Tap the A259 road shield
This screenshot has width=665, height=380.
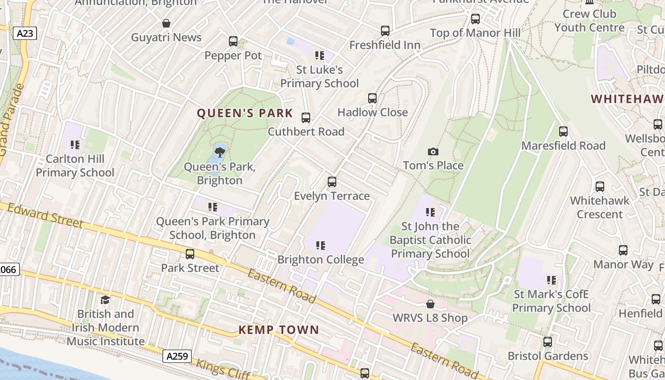click(x=177, y=356)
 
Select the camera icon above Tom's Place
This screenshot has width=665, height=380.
click(x=433, y=152)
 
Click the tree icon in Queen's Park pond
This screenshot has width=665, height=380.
click(x=219, y=152)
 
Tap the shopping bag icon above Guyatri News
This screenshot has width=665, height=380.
click(x=166, y=23)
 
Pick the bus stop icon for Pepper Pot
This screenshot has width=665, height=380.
click(x=233, y=41)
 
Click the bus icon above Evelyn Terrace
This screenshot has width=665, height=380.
click(x=332, y=182)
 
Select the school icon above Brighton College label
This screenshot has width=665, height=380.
click(x=321, y=246)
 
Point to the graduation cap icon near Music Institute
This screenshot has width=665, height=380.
click(x=105, y=300)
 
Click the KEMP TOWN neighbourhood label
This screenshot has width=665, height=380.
click(x=278, y=330)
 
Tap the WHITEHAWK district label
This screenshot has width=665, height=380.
click(x=627, y=99)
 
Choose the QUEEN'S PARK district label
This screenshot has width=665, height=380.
click(x=245, y=113)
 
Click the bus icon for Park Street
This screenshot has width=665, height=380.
click(x=190, y=254)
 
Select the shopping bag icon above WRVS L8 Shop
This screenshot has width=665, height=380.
click(x=430, y=304)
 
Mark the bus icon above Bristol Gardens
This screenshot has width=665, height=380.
click(x=547, y=342)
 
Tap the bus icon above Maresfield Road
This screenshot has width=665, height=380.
click(x=563, y=132)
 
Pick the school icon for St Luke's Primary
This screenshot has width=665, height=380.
click(x=320, y=56)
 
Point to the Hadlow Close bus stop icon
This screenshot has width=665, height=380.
click(x=372, y=98)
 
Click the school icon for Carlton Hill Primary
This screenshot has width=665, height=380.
click(x=75, y=144)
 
